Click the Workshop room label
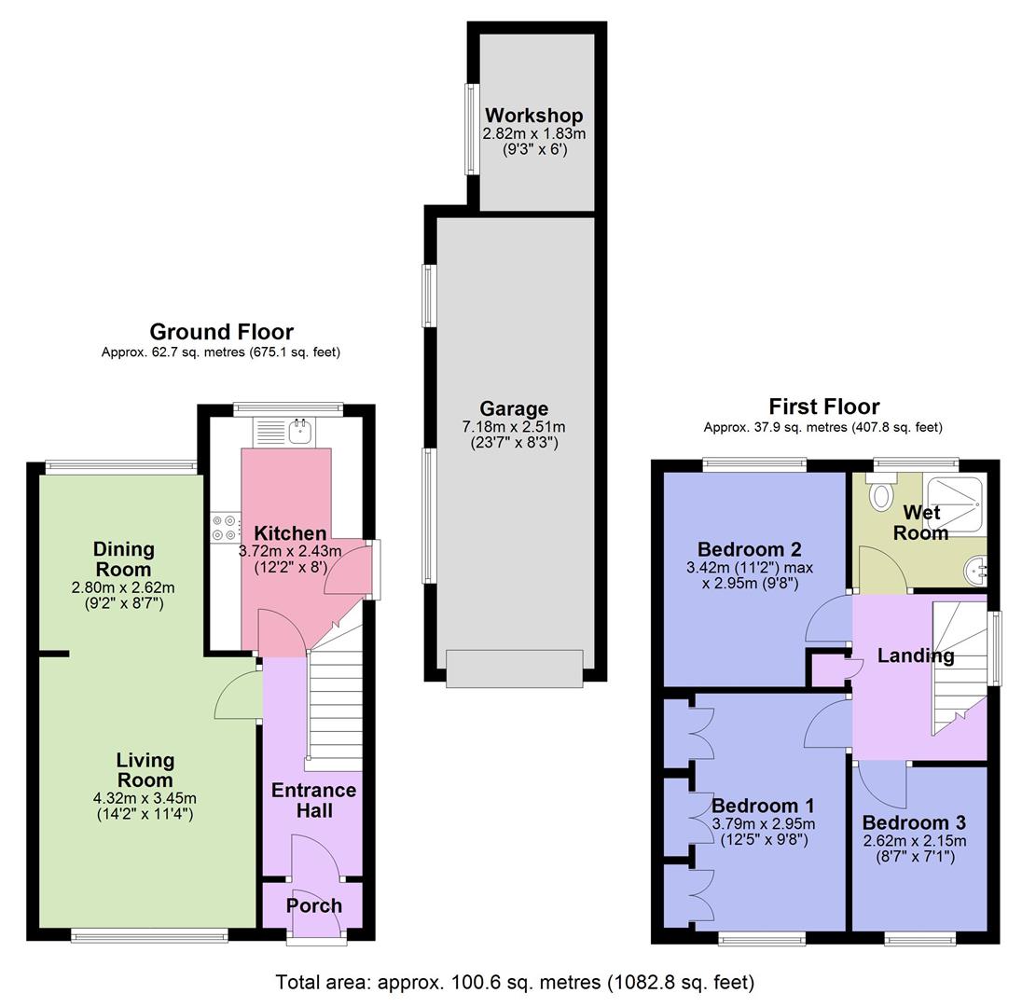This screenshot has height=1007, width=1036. [x=533, y=116]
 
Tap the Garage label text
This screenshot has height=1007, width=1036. [x=514, y=408]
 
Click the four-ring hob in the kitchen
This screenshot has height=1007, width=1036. [x=224, y=529]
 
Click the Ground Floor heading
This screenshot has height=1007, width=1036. [x=221, y=332]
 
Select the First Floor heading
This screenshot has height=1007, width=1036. [x=823, y=407]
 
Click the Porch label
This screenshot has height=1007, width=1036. [x=313, y=905]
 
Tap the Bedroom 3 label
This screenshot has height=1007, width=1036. [x=913, y=823]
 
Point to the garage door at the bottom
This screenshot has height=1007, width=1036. [x=514, y=669]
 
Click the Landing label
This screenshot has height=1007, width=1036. [x=915, y=655]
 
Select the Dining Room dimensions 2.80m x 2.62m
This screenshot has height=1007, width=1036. [x=123, y=587]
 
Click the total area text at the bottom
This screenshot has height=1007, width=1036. [x=515, y=982]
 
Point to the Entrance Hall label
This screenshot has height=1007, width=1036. [x=313, y=800]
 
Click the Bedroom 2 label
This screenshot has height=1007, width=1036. [x=749, y=549]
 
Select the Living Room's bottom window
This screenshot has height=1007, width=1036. [x=149, y=935]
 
